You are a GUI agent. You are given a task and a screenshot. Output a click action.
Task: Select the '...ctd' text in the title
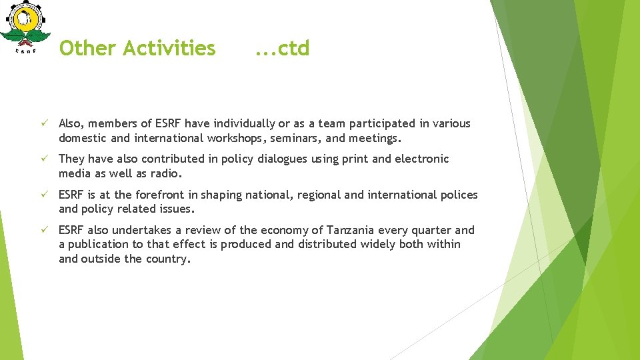click(x=282, y=49)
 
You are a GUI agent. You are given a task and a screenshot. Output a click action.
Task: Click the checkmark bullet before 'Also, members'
click(x=41, y=123)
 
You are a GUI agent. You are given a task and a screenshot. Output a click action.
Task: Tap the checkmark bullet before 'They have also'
click(x=41, y=159)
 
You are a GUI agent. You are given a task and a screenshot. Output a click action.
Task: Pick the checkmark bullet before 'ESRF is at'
click(x=41, y=195)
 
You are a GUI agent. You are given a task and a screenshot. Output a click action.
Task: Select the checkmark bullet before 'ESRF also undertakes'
click(x=41, y=230)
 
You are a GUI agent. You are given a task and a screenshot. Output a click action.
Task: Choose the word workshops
click(x=238, y=138)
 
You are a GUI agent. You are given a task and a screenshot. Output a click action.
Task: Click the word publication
click(x=99, y=244)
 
